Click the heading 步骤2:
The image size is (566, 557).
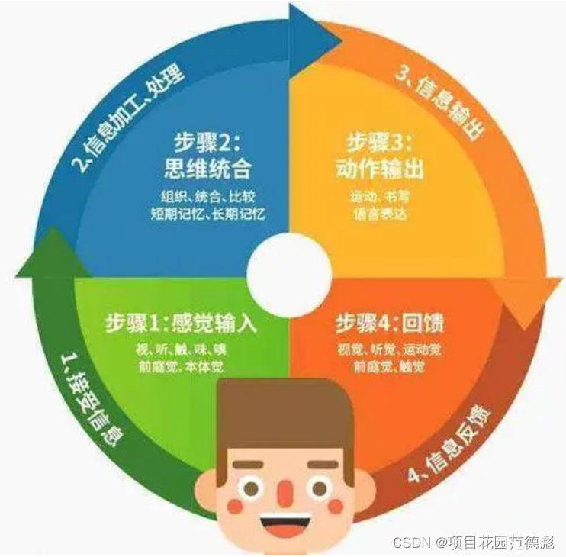(207, 142)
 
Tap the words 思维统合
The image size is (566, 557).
(207, 166)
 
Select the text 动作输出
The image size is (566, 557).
(380, 166)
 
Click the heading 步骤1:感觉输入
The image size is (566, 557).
(179, 324)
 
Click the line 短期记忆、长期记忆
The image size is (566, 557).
(207, 214)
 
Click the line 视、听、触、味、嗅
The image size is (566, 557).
(181, 350)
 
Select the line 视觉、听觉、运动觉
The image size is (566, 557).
(390, 350)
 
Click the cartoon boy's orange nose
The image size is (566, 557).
(284, 492)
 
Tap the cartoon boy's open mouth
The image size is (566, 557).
(284, 527)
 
